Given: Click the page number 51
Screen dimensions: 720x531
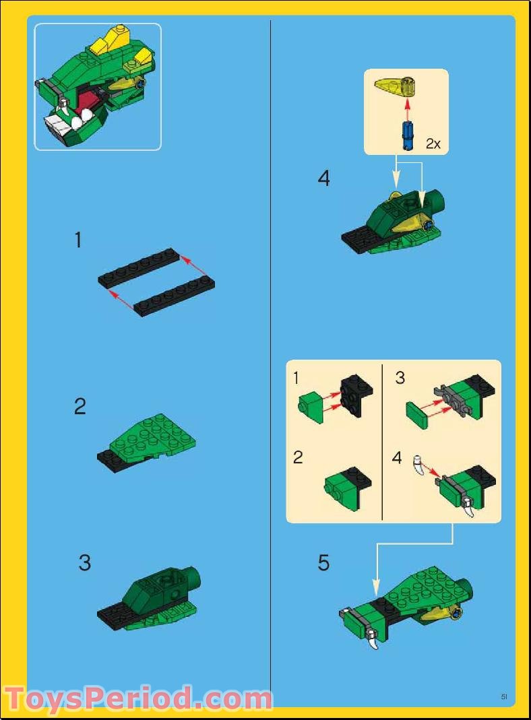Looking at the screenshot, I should click(x=503, y=696).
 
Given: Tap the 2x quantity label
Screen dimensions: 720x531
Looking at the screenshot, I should click(x=433, y=143).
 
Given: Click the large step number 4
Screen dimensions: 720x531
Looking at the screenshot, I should click(x=324, y=178).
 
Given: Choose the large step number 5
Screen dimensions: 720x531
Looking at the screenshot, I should click(x=324, y=563).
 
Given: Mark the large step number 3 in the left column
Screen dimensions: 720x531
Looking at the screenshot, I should click(x=84, y=562).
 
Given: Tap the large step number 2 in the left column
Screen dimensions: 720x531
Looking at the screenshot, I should click(x=80, y=406).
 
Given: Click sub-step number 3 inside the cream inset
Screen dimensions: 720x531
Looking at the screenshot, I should click(x=400, y=378).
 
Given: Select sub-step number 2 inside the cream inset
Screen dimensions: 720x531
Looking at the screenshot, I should click(x=298, y=458).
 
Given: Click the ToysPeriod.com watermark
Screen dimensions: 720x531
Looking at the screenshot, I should click(x=137, y=698).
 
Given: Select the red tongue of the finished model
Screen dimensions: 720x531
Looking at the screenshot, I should click(x=88, y=104).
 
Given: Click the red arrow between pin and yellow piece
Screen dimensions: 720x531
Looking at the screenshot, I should click(x=406, y=110).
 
